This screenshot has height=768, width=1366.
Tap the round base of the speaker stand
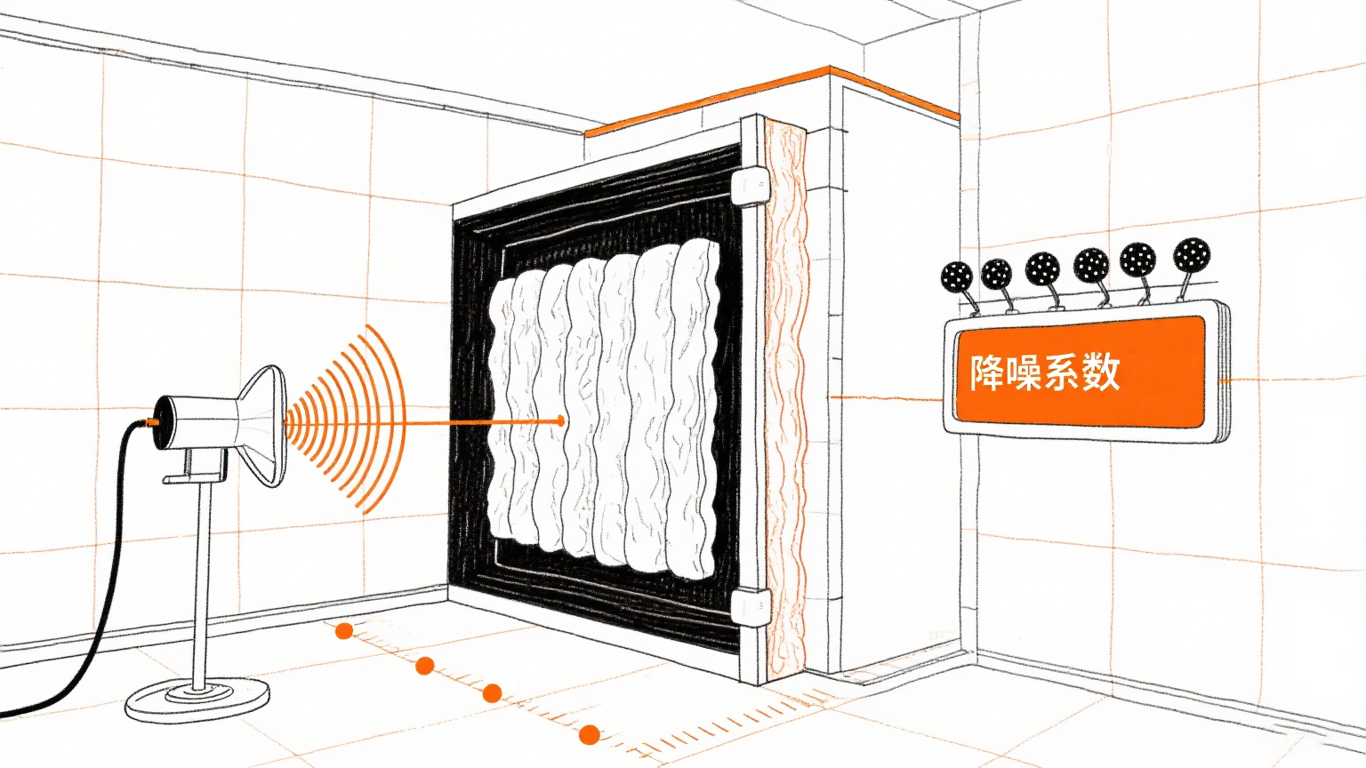point(197,699)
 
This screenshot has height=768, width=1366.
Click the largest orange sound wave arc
point(392,418)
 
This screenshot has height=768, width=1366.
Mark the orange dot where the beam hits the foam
point(560,420)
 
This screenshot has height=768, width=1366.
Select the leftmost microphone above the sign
point(957,277)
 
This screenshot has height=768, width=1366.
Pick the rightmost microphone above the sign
point(1191,254)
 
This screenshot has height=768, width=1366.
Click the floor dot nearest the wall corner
point(344,631)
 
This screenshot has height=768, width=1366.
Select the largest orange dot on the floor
point(589,734)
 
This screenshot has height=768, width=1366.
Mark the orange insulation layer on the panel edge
point(786,400)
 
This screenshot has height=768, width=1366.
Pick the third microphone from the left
point(1042,267)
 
